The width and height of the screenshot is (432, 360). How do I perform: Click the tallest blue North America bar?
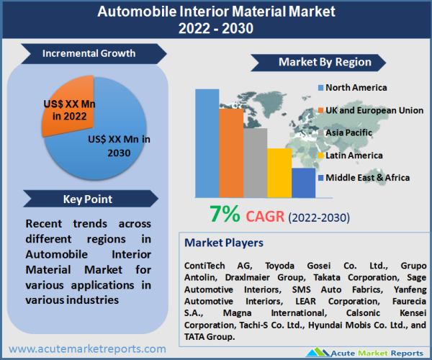207,143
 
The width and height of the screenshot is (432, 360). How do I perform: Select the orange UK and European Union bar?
231,153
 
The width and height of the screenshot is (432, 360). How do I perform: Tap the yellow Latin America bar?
279,172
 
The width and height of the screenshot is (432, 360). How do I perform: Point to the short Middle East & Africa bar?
303,182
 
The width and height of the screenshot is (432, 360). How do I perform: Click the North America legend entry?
356,88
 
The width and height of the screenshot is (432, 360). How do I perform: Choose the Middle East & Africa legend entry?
367,177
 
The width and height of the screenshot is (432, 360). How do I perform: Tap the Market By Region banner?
324,62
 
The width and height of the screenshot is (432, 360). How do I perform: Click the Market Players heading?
224,243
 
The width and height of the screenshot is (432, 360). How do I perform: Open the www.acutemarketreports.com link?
87,349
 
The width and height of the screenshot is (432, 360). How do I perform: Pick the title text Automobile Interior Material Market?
216,12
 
